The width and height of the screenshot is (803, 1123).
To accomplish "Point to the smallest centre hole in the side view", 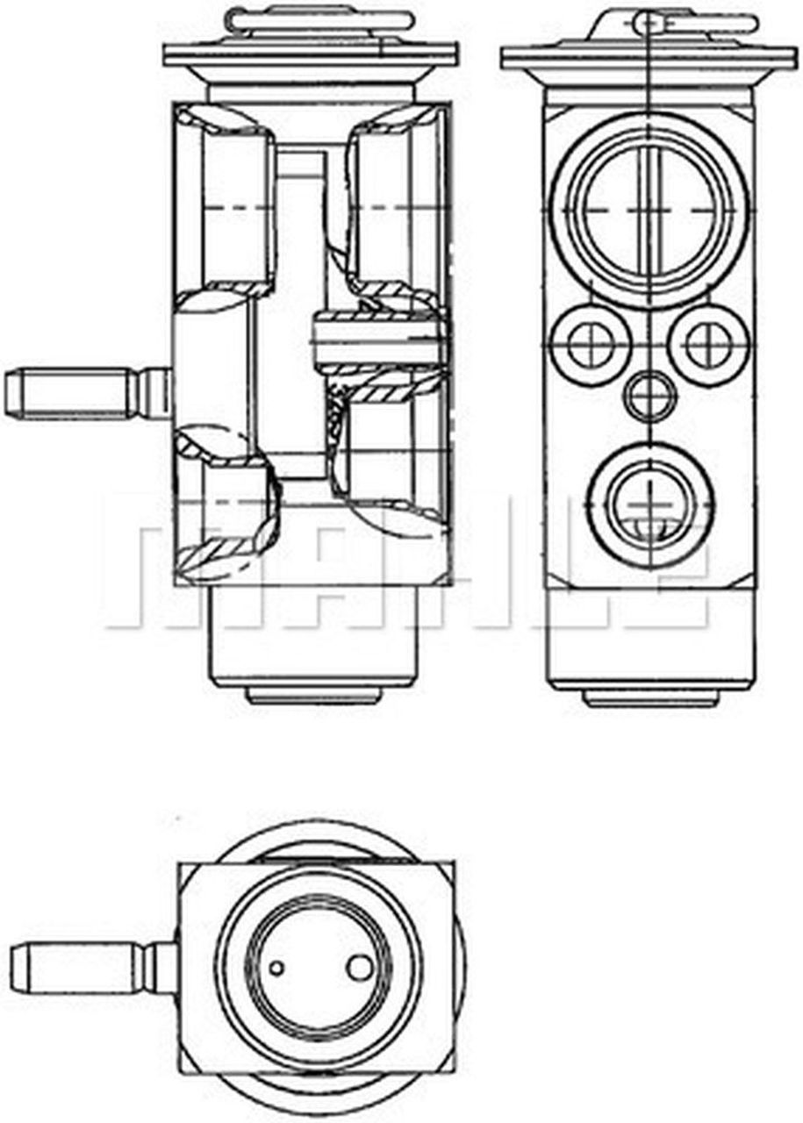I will (x=650, y=395).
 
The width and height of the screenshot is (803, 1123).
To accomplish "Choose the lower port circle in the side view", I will (x=650, y=504).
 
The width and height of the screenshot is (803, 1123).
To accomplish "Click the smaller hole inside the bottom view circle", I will (x=277, y=968).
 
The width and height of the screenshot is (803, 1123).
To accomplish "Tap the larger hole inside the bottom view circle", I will (x=360, y=968).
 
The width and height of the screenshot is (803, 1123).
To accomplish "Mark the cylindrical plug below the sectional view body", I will (x=312, y=640).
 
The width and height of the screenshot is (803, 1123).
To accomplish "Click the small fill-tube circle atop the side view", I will (x=649, y=19).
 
